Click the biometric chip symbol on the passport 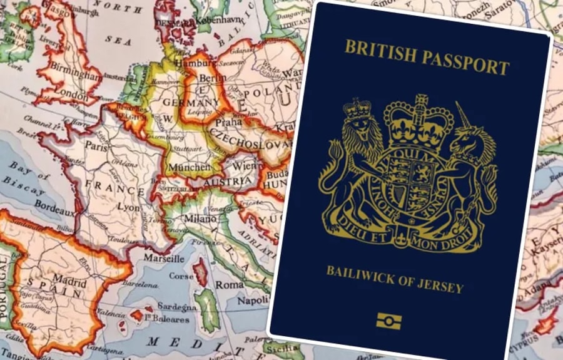coord(388,322)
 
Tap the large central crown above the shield coord(413,119)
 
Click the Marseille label coord(164,257)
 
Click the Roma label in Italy coord(230,284)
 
